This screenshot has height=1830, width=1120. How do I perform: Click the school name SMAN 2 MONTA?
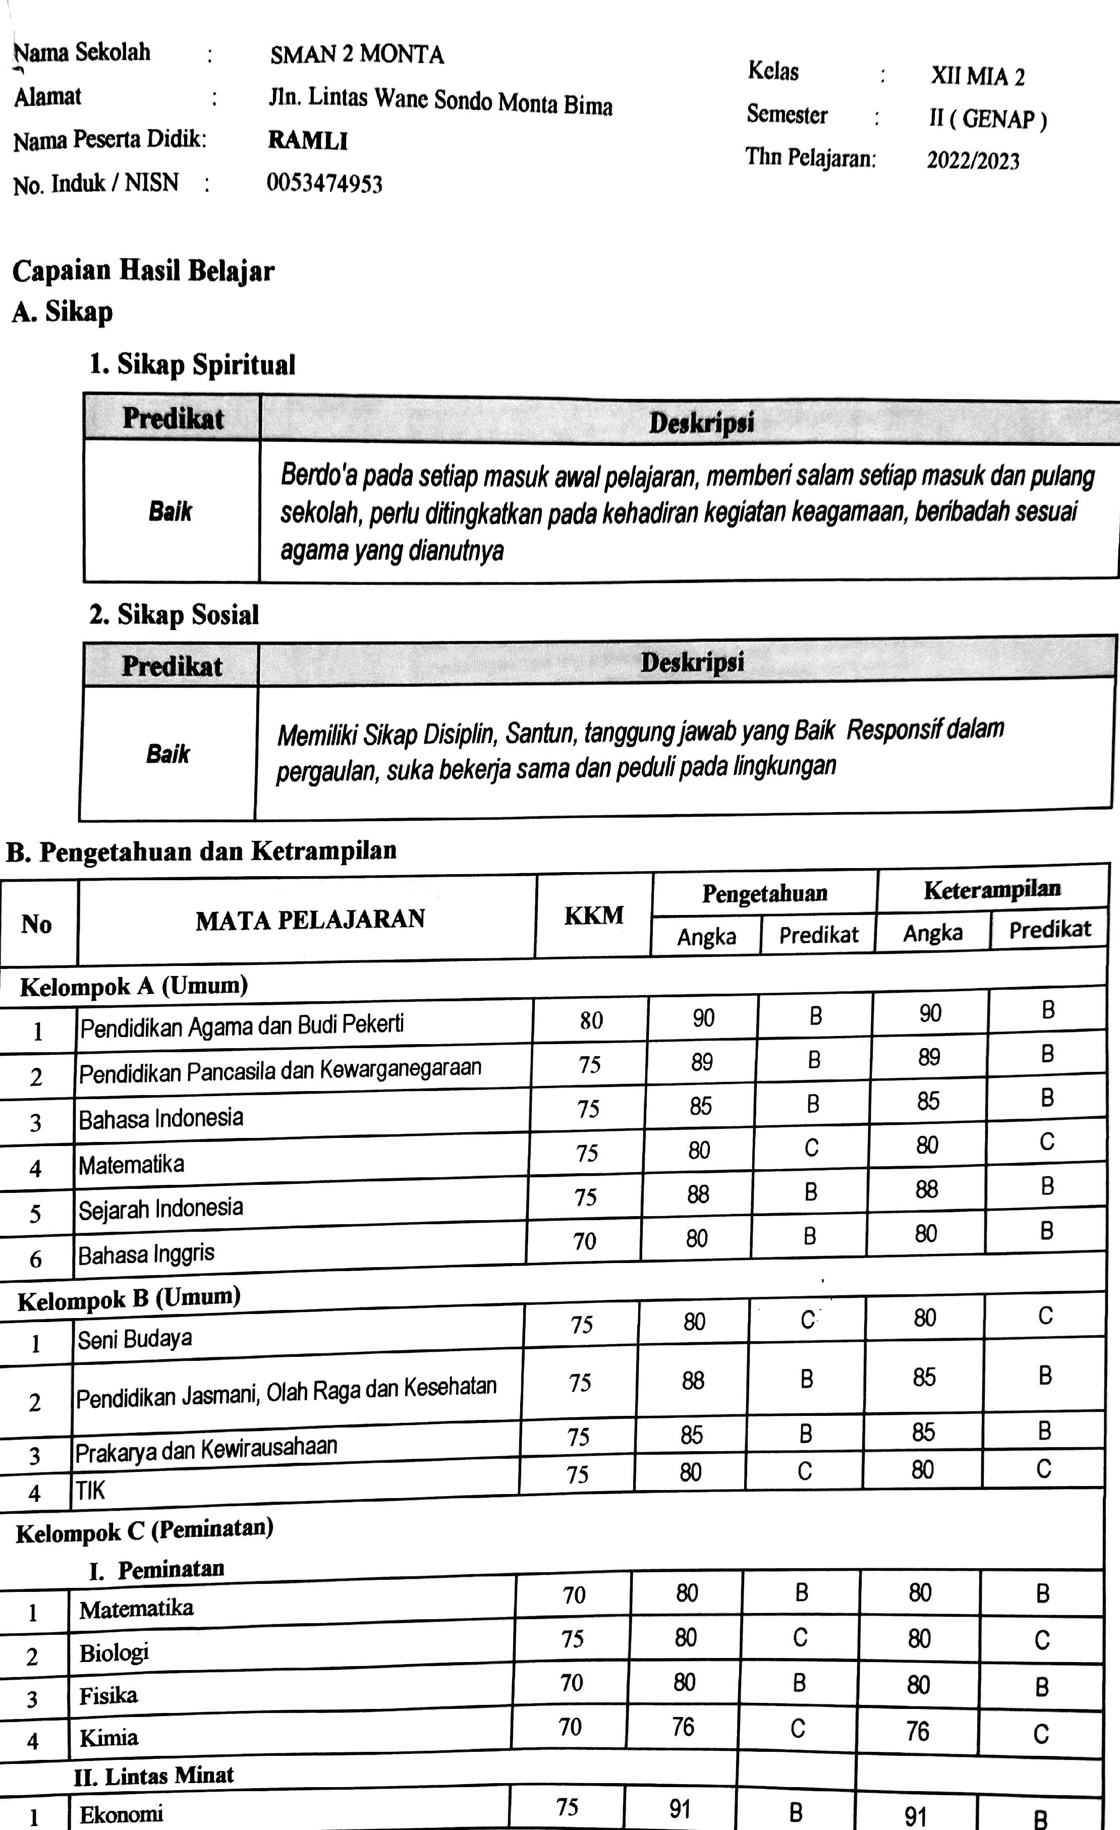[x=357, y=55]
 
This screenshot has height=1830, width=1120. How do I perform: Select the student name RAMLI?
[x=307, y=140]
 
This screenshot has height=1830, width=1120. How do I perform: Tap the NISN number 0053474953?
[x=324, y=184]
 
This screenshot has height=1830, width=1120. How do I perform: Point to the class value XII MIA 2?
[x=977, y=77]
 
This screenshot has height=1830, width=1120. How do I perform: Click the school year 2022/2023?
[x=973, y=160]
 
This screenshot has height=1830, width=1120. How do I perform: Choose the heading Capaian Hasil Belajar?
[x=143, y=270]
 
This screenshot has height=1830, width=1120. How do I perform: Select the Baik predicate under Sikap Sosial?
[x=168, y=754]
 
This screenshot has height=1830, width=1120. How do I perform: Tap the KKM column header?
[x=593, y=916]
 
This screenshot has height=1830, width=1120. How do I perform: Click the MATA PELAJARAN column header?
[x=310, y=920]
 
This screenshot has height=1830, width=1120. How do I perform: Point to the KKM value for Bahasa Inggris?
[x=585, y=1241]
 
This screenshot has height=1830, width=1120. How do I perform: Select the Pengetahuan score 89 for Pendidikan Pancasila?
[x=702, y=1063]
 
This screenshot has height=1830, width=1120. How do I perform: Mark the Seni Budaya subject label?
[x=134, y=1339]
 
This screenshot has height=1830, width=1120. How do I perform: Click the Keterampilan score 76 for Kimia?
[x=917, y=1731]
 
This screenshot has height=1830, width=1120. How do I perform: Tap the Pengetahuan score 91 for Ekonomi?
[x=680, y=1808]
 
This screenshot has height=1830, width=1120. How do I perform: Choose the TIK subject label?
[x=90, y=1490]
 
